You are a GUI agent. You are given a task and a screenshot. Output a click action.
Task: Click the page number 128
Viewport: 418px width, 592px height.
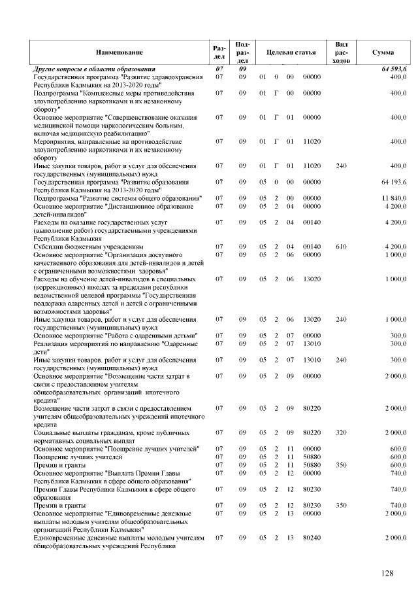387,573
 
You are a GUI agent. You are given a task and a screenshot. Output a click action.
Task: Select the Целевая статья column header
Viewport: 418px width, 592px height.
287,52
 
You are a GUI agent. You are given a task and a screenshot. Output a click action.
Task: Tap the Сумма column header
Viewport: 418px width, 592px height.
382,52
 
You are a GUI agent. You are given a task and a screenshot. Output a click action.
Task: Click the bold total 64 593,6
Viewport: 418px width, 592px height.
393,69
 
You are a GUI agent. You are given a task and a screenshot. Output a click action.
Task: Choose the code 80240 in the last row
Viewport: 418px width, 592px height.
312,537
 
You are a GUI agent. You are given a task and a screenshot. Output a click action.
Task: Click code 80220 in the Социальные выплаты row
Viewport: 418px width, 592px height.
312,432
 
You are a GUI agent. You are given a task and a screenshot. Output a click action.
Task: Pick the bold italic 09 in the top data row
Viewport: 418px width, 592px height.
242,69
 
